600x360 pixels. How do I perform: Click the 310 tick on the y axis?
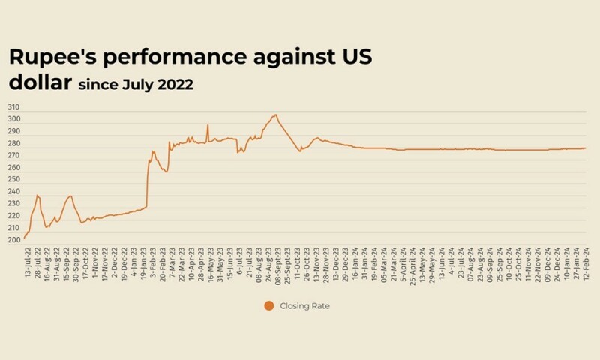tap(15, 107)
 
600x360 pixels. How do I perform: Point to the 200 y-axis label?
tap(15, 240)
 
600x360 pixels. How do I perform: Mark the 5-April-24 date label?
tap(403, 263)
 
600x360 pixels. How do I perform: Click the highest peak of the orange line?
tap(275, 115)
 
